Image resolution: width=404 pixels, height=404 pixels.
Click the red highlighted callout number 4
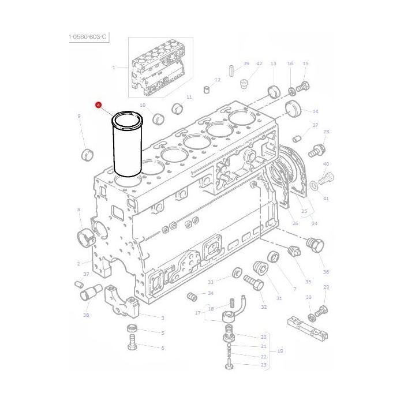click(99, 105)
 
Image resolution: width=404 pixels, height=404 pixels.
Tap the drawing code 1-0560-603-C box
click(88, 37)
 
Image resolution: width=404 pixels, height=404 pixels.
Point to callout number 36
click(326, 272)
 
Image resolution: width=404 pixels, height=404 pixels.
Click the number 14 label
click(315, 111)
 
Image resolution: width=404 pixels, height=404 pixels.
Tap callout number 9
click(79, 117)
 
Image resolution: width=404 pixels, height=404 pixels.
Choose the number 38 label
click(86, 315)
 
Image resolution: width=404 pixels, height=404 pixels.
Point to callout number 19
click(280, 350)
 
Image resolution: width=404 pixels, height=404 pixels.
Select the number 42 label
click(259, 63)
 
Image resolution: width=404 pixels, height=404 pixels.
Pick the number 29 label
click(326, 287)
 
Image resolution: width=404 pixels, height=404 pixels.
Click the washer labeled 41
click(313, 185)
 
